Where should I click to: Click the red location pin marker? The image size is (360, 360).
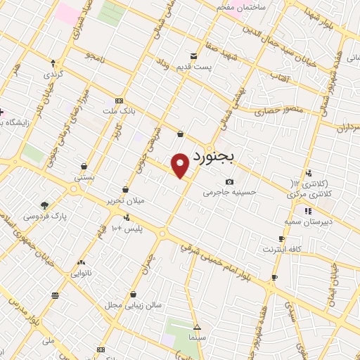click(x=181, y=164)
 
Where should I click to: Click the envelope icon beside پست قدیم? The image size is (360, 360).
click(x=193, y=55)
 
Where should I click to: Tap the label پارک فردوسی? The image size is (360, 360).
click(x=44, y=216)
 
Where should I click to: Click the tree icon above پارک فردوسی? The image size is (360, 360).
click(x=45, y=205)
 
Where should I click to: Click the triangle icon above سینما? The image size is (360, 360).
click(x=198, y=327)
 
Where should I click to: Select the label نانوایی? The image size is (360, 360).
click(x=79, y=272)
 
